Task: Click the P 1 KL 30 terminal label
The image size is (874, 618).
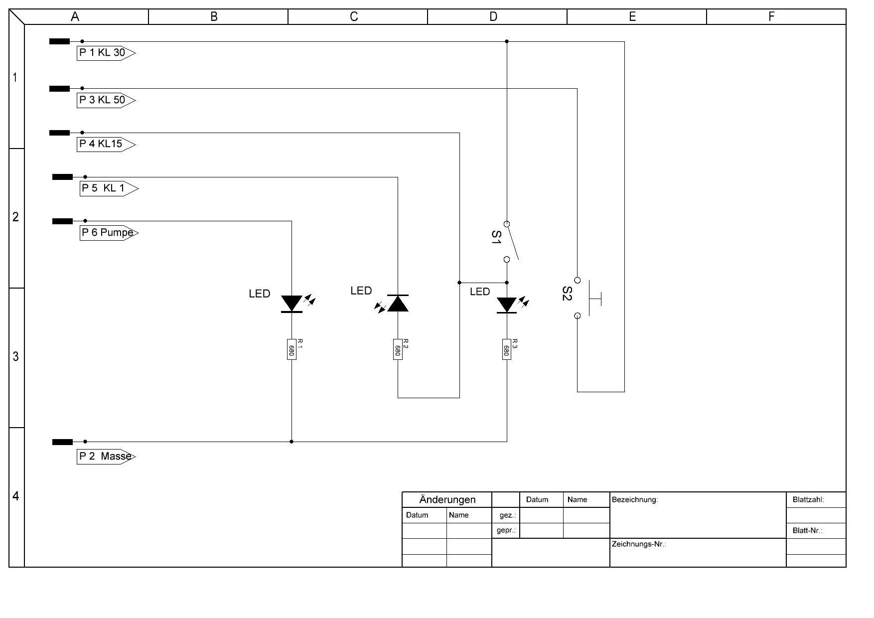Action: point(106,53)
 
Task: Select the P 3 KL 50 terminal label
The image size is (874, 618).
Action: point(106,100)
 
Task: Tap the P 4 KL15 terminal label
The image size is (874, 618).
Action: point(106,144)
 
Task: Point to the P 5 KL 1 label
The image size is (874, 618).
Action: point(109,188)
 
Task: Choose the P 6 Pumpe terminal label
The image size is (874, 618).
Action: point(109,233)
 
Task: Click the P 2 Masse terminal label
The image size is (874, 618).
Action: point(106,457)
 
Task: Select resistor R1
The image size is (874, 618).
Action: point(291,349)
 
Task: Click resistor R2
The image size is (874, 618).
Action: point(398,349)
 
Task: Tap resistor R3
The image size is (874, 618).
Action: point(507,349)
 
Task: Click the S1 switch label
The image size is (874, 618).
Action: point(496,237)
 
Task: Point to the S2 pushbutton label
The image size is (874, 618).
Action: point(567,294)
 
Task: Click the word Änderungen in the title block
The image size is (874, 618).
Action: point(447,499)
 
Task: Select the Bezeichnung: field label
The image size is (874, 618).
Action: point(635,499)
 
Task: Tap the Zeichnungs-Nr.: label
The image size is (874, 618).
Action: point(639,544)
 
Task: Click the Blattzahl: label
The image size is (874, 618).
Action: point(808,499)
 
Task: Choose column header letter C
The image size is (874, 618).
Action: point(354,17)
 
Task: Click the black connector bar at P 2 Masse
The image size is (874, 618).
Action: point(62,442)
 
